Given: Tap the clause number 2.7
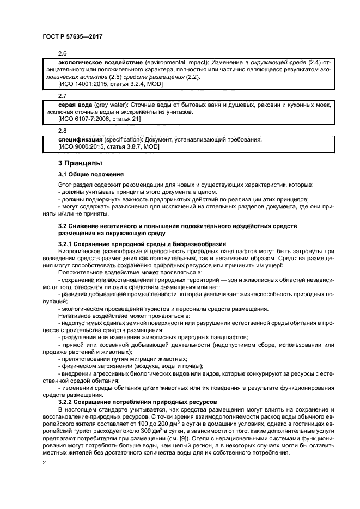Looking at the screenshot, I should [63, 96].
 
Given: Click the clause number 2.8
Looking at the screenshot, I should [63, 131].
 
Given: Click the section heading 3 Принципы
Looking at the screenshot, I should [81, 163].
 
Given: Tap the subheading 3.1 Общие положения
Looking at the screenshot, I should [91, 174].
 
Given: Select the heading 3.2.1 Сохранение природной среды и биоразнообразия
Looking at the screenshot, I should [142, 243].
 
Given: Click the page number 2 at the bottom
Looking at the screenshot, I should [45, 463].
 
